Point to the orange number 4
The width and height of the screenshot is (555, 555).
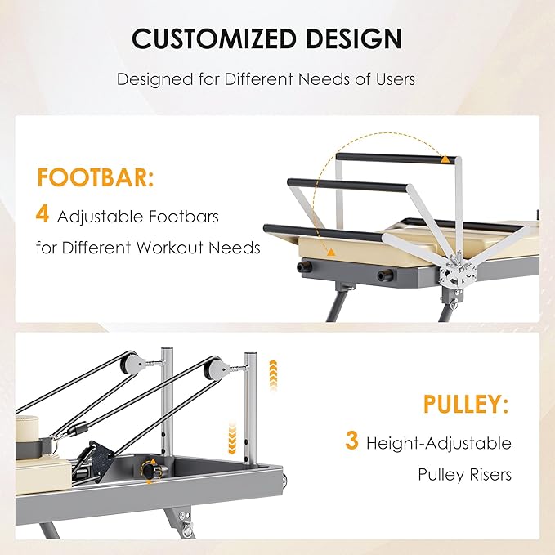pyautogui.click(x=43, y=215)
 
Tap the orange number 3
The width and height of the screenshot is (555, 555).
pyautogui.click(x=351, y=441)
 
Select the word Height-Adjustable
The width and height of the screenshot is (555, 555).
pyautogui.click(x=439, y=443)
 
